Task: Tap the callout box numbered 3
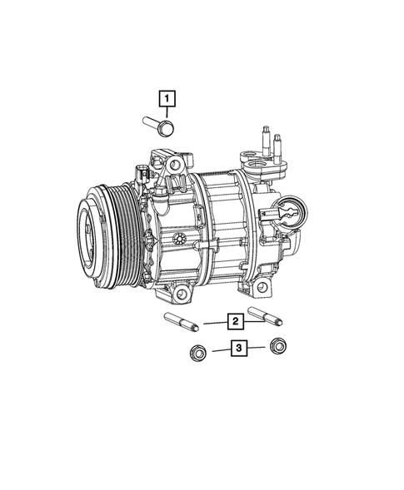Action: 238,349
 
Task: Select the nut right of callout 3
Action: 280,346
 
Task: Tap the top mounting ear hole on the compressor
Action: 176,169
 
